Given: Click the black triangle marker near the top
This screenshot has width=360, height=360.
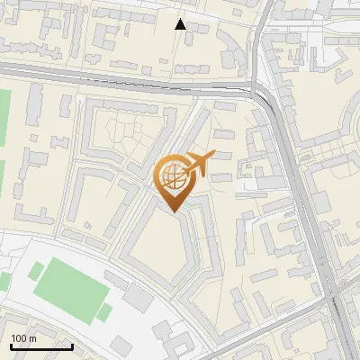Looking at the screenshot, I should coord(181,24).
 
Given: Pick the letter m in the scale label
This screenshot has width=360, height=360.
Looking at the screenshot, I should coord(32,338).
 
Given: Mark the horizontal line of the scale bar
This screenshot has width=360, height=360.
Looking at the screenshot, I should coord(40,346).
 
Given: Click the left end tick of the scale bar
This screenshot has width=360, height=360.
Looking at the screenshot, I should coord(11,345).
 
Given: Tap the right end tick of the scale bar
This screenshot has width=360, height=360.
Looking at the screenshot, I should coord(72,345).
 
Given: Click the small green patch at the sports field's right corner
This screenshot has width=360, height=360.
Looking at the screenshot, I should coord(104,312).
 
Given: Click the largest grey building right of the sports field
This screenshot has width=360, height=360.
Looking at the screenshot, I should coord(139,297).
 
